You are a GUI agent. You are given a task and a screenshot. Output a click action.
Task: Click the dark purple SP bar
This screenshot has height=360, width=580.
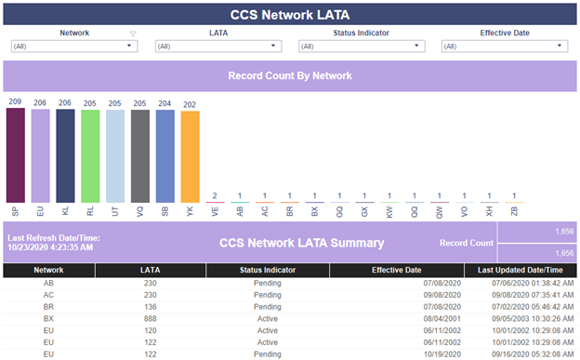(16, 155)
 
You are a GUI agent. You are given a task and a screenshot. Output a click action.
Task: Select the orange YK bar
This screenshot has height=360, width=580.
(191, 156)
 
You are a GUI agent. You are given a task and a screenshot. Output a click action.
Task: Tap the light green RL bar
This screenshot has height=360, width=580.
(90, 156)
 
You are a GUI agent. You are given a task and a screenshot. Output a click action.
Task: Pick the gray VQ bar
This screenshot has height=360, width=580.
(140, 156)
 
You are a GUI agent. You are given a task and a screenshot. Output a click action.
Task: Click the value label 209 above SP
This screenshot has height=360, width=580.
(15, 101)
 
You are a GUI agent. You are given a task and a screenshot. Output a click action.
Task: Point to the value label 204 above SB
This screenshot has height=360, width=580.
(165, 103)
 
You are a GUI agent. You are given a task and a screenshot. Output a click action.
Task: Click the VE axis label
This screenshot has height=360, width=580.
(215, 211)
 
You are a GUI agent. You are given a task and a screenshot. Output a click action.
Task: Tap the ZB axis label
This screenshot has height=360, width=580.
(514, 211)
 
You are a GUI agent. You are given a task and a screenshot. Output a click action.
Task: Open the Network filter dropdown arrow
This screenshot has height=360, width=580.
(129, 46)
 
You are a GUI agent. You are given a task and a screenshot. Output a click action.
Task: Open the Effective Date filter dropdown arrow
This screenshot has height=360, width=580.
(560, 46)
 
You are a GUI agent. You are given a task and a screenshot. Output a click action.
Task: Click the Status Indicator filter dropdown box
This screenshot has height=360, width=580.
(362, 46)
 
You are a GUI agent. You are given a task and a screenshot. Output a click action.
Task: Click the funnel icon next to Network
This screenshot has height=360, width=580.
(133, 33)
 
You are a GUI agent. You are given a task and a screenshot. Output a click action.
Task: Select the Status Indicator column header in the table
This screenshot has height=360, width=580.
(268, 270)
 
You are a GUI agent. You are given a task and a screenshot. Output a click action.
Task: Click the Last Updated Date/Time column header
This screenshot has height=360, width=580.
(521, 270)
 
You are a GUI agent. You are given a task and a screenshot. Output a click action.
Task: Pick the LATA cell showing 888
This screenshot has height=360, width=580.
(151, 318)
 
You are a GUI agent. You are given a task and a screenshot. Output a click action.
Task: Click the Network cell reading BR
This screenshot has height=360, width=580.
(48, 307)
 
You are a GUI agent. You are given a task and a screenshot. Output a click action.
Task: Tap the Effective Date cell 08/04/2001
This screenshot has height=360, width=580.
(442, 318)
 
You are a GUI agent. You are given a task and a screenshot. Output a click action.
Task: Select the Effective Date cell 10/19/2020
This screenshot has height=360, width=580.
(442, 354)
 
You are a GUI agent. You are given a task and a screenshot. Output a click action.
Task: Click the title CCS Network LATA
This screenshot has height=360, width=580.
(290, 15)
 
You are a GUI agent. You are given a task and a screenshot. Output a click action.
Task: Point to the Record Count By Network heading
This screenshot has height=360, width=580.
(290, 75)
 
